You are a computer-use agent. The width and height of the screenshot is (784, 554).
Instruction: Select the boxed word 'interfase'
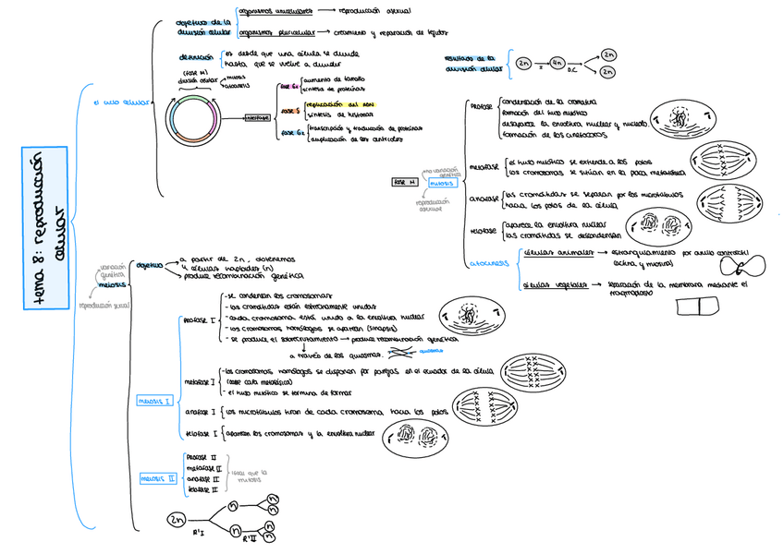[x=257, y=117]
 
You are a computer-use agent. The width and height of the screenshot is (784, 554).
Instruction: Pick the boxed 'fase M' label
[x=405, y=182]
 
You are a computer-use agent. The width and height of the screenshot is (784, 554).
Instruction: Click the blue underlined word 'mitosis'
[x=440, y=184]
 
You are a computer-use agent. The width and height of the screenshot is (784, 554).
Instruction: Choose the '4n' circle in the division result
[x=557, y=63]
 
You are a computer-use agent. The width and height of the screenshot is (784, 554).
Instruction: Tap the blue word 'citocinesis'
[x=490, y=262]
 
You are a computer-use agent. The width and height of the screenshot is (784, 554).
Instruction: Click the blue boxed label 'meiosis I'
[x=153, y=402]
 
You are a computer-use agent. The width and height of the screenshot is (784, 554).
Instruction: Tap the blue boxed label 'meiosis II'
[x=158, y=478]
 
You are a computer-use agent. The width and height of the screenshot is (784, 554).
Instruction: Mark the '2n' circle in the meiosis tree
[x=177, y=521]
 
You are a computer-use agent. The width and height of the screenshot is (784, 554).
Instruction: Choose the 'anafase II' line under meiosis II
[x=202, y=479]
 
